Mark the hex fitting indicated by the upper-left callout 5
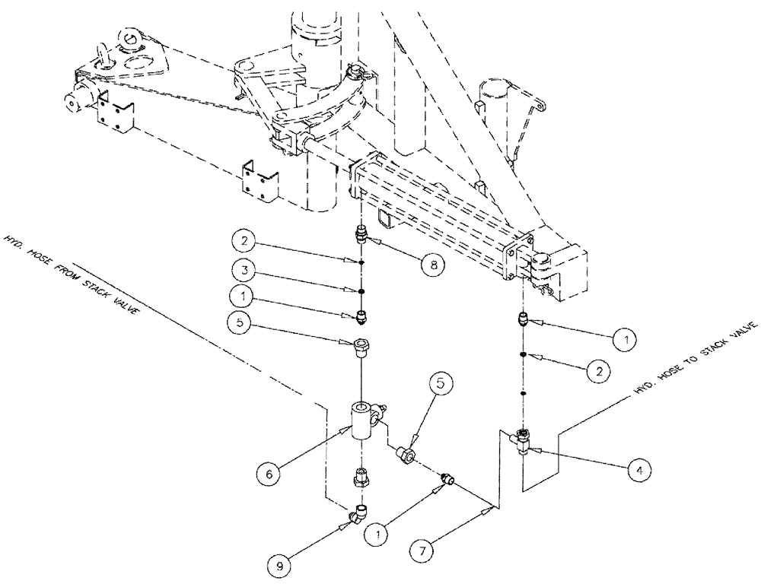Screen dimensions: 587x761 coord(362,348)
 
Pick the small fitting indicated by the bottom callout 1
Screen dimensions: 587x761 coord(448,479)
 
